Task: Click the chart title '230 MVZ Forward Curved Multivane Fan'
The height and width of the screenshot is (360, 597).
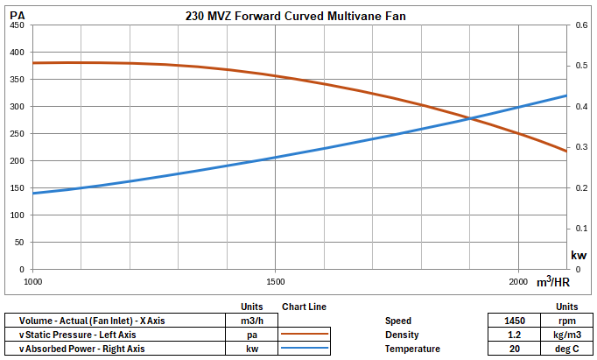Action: [x=296, y=16]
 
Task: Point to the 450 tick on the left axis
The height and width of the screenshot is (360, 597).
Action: [x=18, y=25]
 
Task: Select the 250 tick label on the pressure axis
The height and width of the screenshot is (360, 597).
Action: [x=18, y=134]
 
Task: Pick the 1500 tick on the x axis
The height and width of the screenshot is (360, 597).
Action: [x=276, y=281]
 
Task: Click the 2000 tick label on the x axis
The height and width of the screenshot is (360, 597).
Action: [x=518, y=281]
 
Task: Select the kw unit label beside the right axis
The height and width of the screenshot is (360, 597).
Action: [x=579, y=255]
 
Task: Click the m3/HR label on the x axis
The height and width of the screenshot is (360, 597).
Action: [x=553, y=281]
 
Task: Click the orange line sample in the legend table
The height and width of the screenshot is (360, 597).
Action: [x=305, y=335]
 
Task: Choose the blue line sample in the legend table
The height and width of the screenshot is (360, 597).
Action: [x=305, y=349]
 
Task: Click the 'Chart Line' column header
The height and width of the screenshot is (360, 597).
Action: [x=305, y=307]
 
